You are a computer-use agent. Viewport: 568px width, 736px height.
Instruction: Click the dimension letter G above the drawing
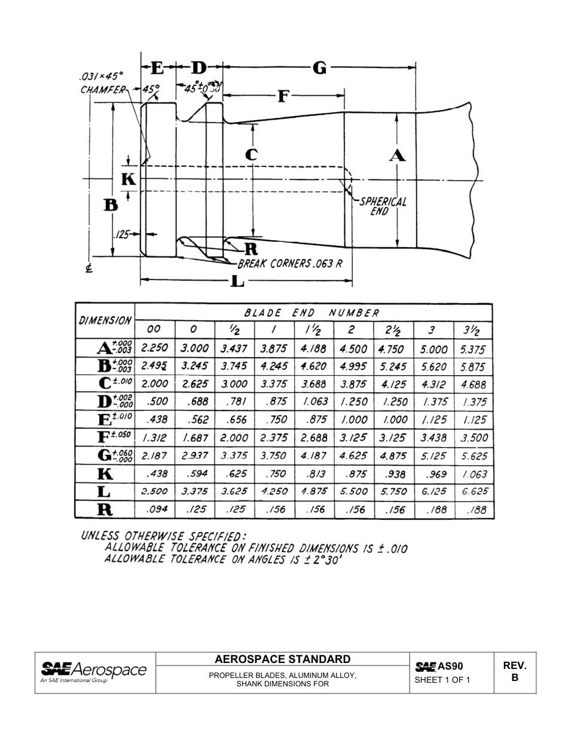click(x=320, y=68)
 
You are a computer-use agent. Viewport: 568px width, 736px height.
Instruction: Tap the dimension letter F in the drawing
click(x=283, y=96)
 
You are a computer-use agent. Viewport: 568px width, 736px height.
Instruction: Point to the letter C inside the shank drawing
click(x=252, y=154)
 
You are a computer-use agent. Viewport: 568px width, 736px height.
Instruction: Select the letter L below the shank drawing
click(x=237, y=280)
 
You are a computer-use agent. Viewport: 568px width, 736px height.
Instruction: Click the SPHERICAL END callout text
click(x=382, y=206)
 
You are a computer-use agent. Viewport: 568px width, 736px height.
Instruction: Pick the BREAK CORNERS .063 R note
click(x=290, y=263)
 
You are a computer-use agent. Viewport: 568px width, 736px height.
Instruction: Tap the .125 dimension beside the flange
click(x=123, y=235)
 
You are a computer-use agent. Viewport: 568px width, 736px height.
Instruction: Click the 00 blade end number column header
click(x=154, y=330)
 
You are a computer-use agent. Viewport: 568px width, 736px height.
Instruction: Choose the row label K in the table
click(x=105, y=474)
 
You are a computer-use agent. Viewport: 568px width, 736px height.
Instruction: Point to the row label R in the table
click(x=105, y=510)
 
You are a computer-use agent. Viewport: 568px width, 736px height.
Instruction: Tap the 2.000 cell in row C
click(x=154, y=384)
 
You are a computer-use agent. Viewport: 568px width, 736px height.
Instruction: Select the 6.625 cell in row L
click(x=474, y=491)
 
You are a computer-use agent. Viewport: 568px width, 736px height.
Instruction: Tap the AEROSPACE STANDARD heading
click(x=282, y=659)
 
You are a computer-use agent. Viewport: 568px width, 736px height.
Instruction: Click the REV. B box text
click(x=514, y=672)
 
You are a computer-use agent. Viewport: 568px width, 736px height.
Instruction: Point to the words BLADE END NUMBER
click(x=312, y=313)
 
